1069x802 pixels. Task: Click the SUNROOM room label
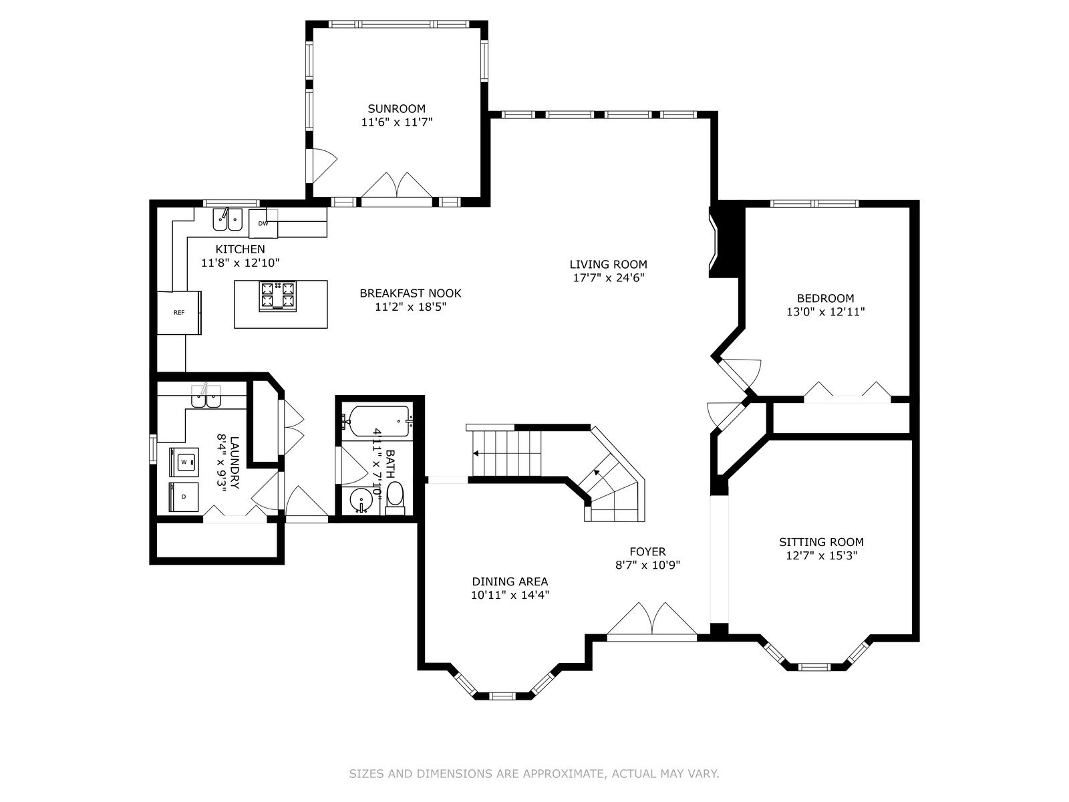[x=396, y=108]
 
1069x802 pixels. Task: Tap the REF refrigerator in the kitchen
[x=179, y=313]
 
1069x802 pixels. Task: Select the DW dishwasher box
[x=263, y=223]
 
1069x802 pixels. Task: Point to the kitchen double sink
[x=227, y=220]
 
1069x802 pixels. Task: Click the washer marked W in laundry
[x=184, y=462]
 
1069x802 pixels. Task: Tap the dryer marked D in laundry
[x=184, y=497]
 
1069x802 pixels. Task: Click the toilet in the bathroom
[x=395, y=498]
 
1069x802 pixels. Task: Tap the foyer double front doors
[x=652, y=622]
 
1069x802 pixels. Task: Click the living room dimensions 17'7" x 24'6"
[x=608, y=277]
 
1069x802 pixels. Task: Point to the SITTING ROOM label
[x=821, y=542]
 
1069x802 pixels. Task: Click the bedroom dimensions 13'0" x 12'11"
[x=826, y=311]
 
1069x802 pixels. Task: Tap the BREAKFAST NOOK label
[x=410, y=293]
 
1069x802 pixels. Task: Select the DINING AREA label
[x=510, y=581]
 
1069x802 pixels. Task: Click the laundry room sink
[x=206, y=396]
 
